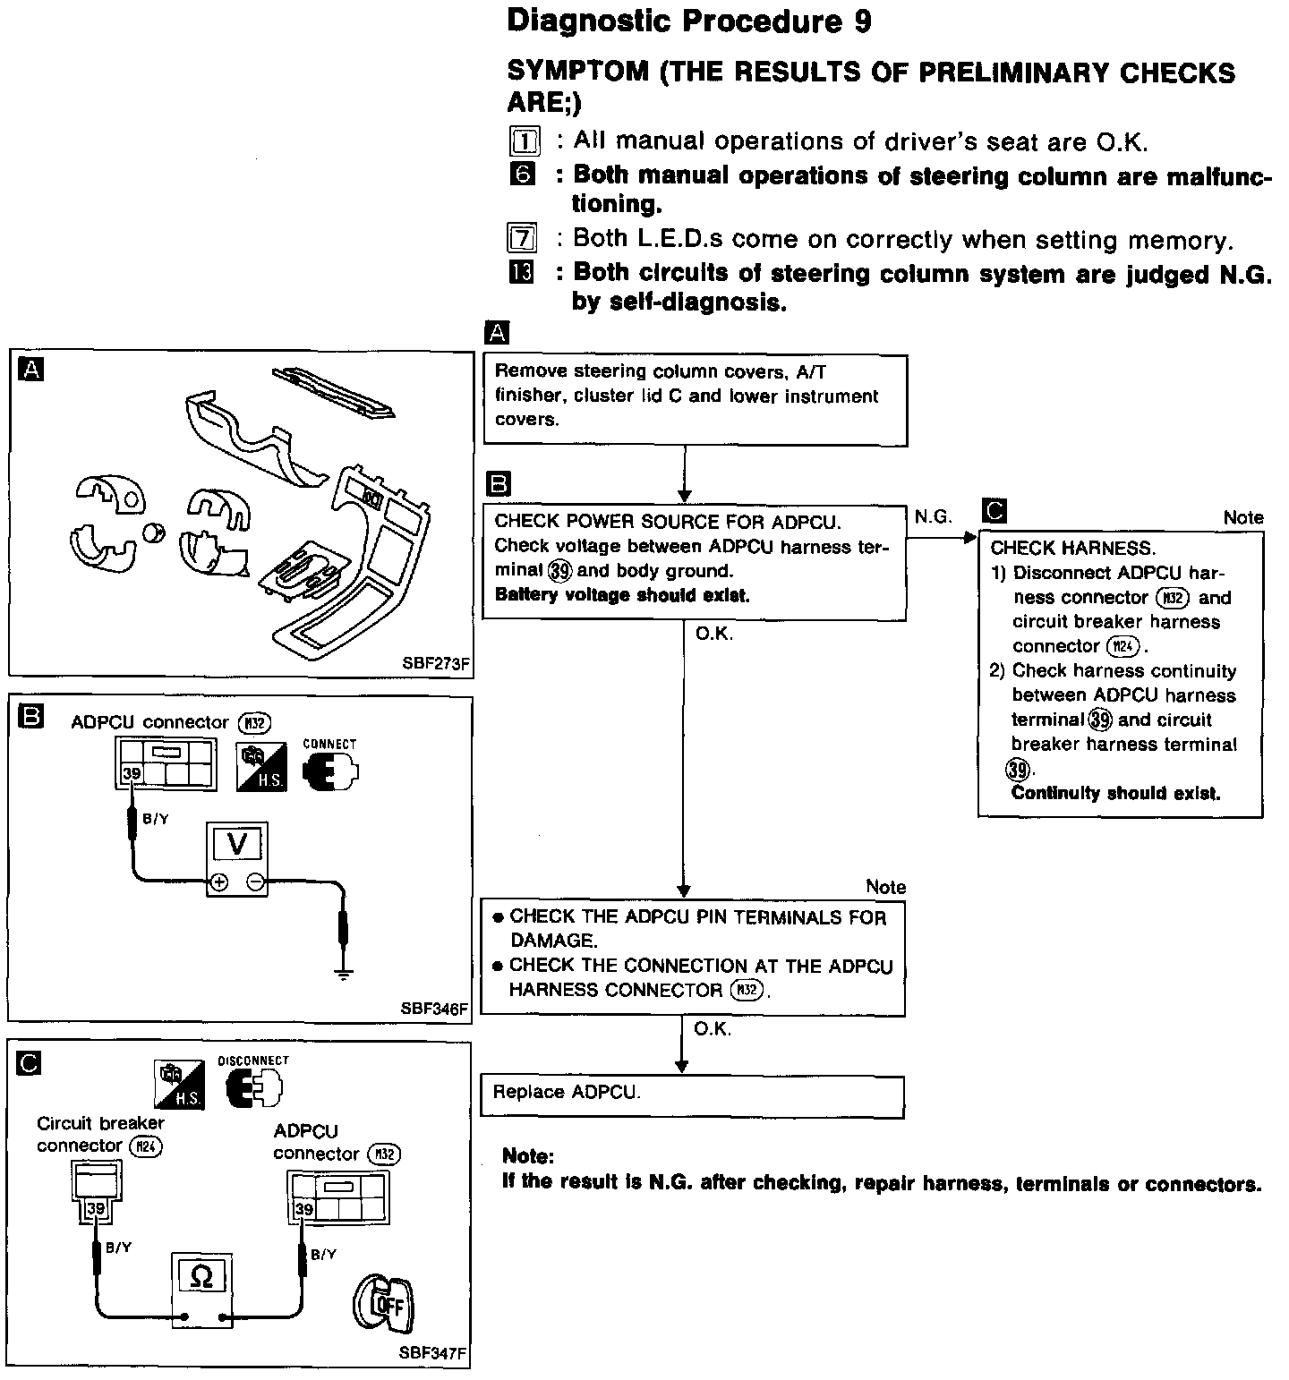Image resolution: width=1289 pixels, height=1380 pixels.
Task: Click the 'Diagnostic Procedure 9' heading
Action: (x=688, y=21)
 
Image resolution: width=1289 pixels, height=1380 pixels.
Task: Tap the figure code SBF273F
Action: (x=436, y=664)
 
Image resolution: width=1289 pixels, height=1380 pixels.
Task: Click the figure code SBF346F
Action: (x=434, y=1009)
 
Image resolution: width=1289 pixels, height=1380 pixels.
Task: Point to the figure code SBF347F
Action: (x=433, y=1353)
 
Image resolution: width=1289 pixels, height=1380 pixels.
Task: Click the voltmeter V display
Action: (x=237, y=844)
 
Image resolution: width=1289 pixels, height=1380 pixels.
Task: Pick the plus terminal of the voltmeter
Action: (x=218, y=883)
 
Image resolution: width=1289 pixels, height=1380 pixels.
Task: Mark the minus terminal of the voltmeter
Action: (x=256, y=883)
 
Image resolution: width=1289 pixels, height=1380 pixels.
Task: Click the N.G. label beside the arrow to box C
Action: (x=933, y=516)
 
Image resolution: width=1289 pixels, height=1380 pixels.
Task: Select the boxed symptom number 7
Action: (x=523, y=239)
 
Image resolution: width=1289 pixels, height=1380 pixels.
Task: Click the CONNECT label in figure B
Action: (x=329, y=744)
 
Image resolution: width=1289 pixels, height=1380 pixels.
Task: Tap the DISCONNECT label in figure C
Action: (x=253, y=1061)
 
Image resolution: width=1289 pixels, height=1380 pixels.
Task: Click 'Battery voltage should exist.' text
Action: (x=622, y=595)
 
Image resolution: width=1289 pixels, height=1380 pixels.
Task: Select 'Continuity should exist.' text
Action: (x=1115, y=794)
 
